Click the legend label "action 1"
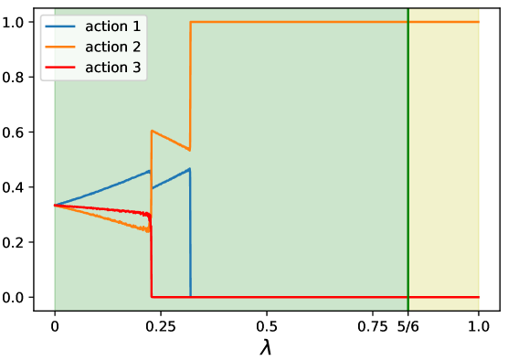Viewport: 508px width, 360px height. [x=113, y=26]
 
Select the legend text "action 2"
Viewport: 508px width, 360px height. [x=113, y=47]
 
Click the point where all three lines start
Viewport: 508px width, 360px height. [x=55, y=205]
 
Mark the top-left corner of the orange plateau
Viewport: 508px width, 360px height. [x=190, y=21]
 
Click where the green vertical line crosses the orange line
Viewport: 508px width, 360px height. [x=407, y=21]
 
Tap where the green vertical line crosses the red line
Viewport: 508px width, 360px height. [x=407, y=297]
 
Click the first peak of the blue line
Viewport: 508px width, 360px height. [x=150, y=171]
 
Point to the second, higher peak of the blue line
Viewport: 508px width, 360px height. [x=189, y=169]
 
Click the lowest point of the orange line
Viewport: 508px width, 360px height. [x=150, y=231]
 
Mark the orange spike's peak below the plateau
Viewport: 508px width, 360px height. [x=152, y=131]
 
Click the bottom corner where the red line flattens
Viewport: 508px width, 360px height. [x=152, y=297]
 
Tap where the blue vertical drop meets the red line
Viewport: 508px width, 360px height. [x=190, y=297]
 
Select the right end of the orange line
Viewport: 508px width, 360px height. [x=479, y=21]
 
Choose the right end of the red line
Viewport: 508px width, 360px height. [x=479, y=297]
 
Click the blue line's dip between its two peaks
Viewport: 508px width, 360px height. [x=153, y=188]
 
